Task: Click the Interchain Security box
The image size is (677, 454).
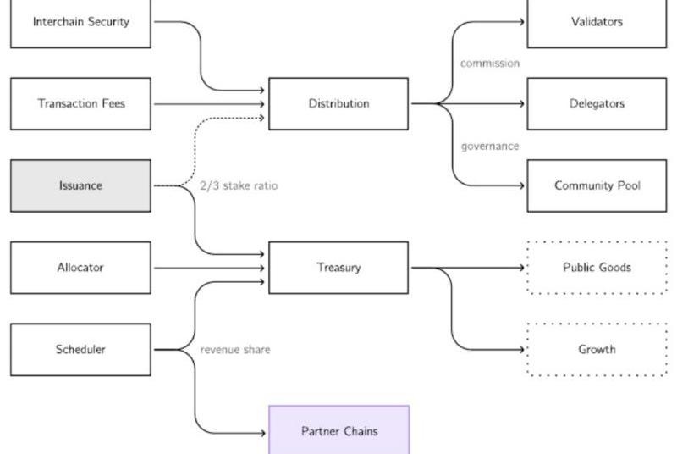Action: point(80,22)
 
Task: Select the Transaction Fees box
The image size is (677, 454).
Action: point(80,103)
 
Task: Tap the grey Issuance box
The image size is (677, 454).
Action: point(80,185)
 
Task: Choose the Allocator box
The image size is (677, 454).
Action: point(80,268)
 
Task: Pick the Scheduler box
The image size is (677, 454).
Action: point(80,349)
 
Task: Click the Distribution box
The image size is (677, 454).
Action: point(338,103)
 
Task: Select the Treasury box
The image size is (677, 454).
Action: point(338,268)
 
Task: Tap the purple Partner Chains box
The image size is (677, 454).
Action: point(338,430)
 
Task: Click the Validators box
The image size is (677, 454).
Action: point(597,22)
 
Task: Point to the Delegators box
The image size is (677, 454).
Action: point(597,103)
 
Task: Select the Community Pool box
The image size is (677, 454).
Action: point(597,185)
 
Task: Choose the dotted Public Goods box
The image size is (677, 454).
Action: point(597,268)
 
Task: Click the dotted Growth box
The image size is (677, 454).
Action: point(597,349)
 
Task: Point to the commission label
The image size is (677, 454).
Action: point(489,64)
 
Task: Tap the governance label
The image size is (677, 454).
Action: point(489,146)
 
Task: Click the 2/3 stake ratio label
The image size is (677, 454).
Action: point(239,185)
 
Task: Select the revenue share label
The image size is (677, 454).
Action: point(235,349)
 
